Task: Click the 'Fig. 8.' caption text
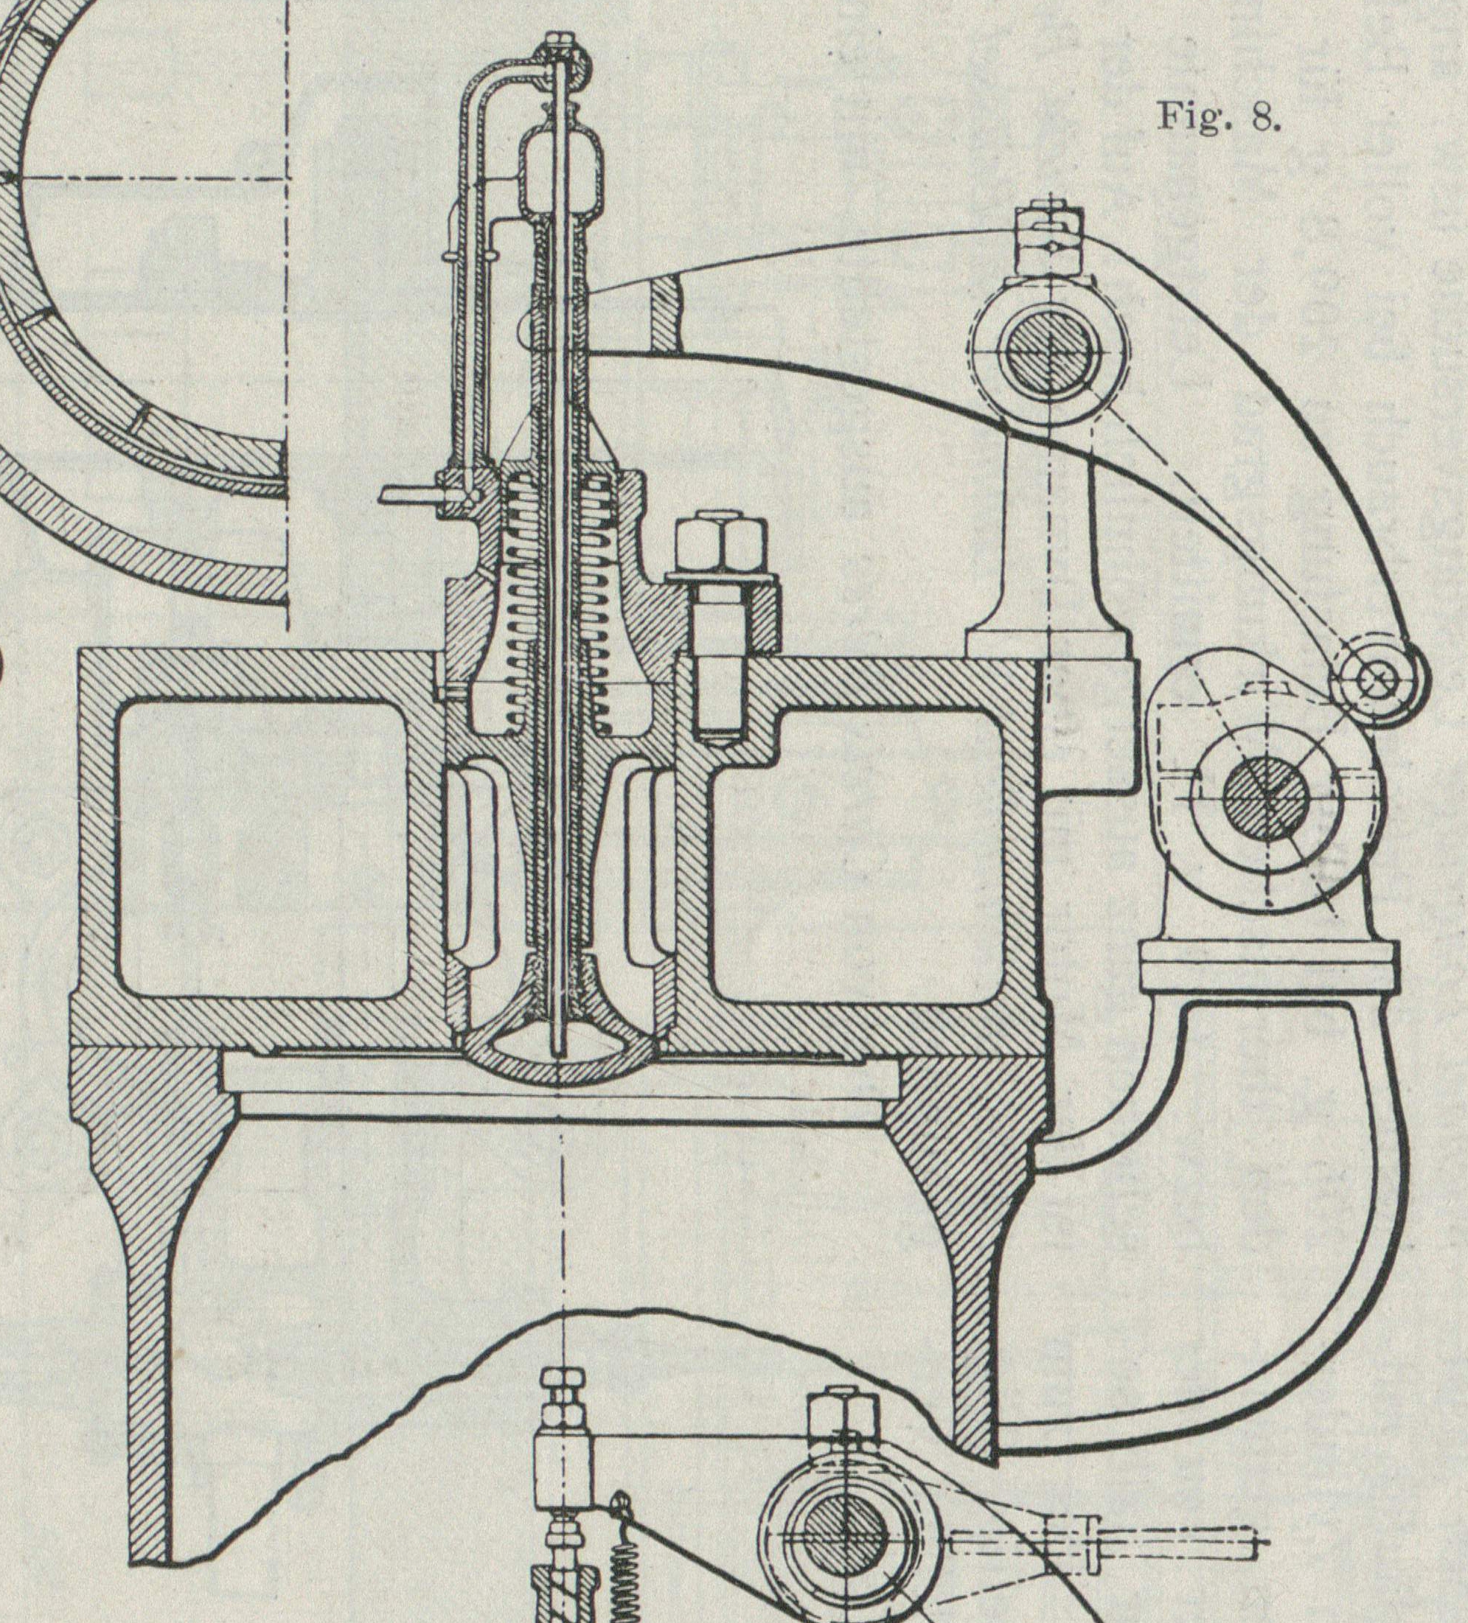click(1218, 116)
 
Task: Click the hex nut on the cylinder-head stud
click(720, 542)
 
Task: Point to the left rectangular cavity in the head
click(262, 849)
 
